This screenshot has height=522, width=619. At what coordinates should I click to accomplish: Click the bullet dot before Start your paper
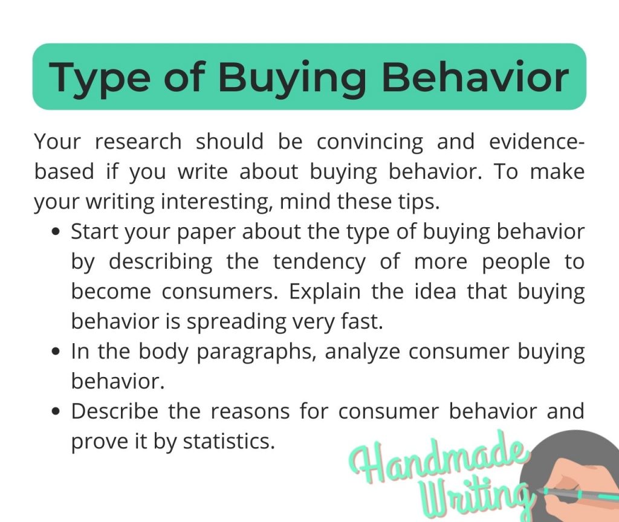pyautogui.click(x=57, y=233)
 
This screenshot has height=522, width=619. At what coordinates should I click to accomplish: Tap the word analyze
pyautogui.click(x=363, y=352)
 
